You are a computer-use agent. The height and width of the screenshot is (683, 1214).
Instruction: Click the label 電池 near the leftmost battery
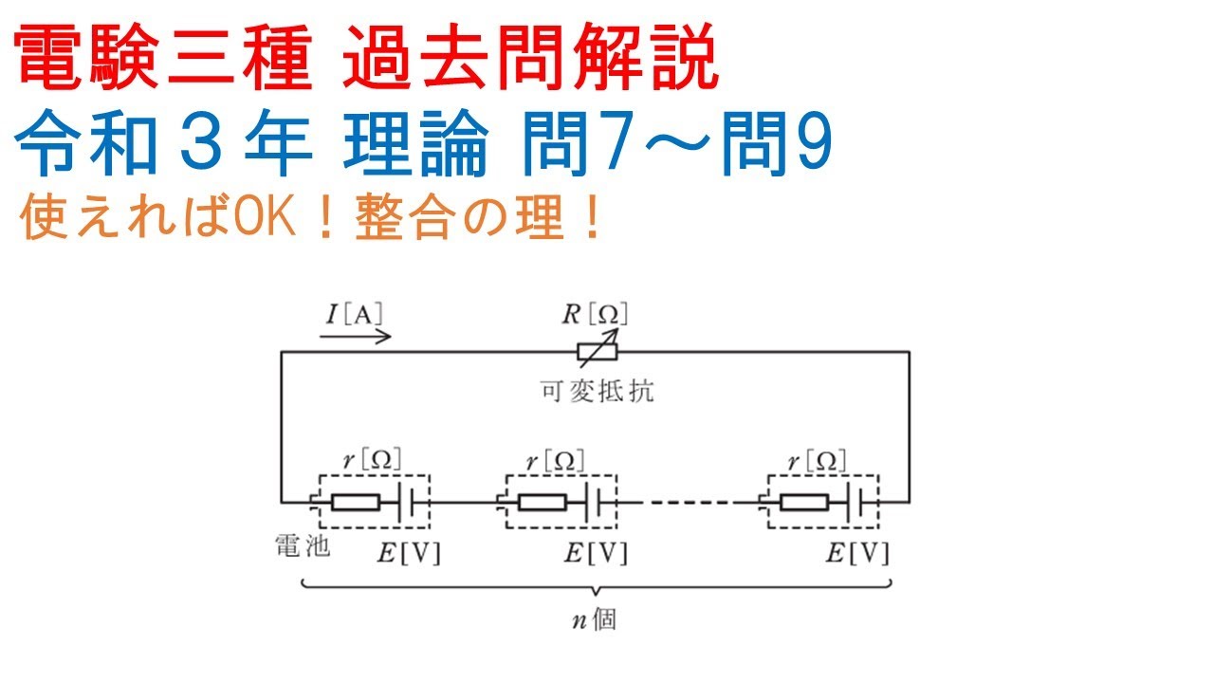[x=301, y=547]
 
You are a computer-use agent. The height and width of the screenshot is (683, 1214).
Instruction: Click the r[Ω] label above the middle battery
[x=556, y=460]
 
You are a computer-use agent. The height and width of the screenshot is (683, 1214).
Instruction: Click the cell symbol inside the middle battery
[x=599, y=502]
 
